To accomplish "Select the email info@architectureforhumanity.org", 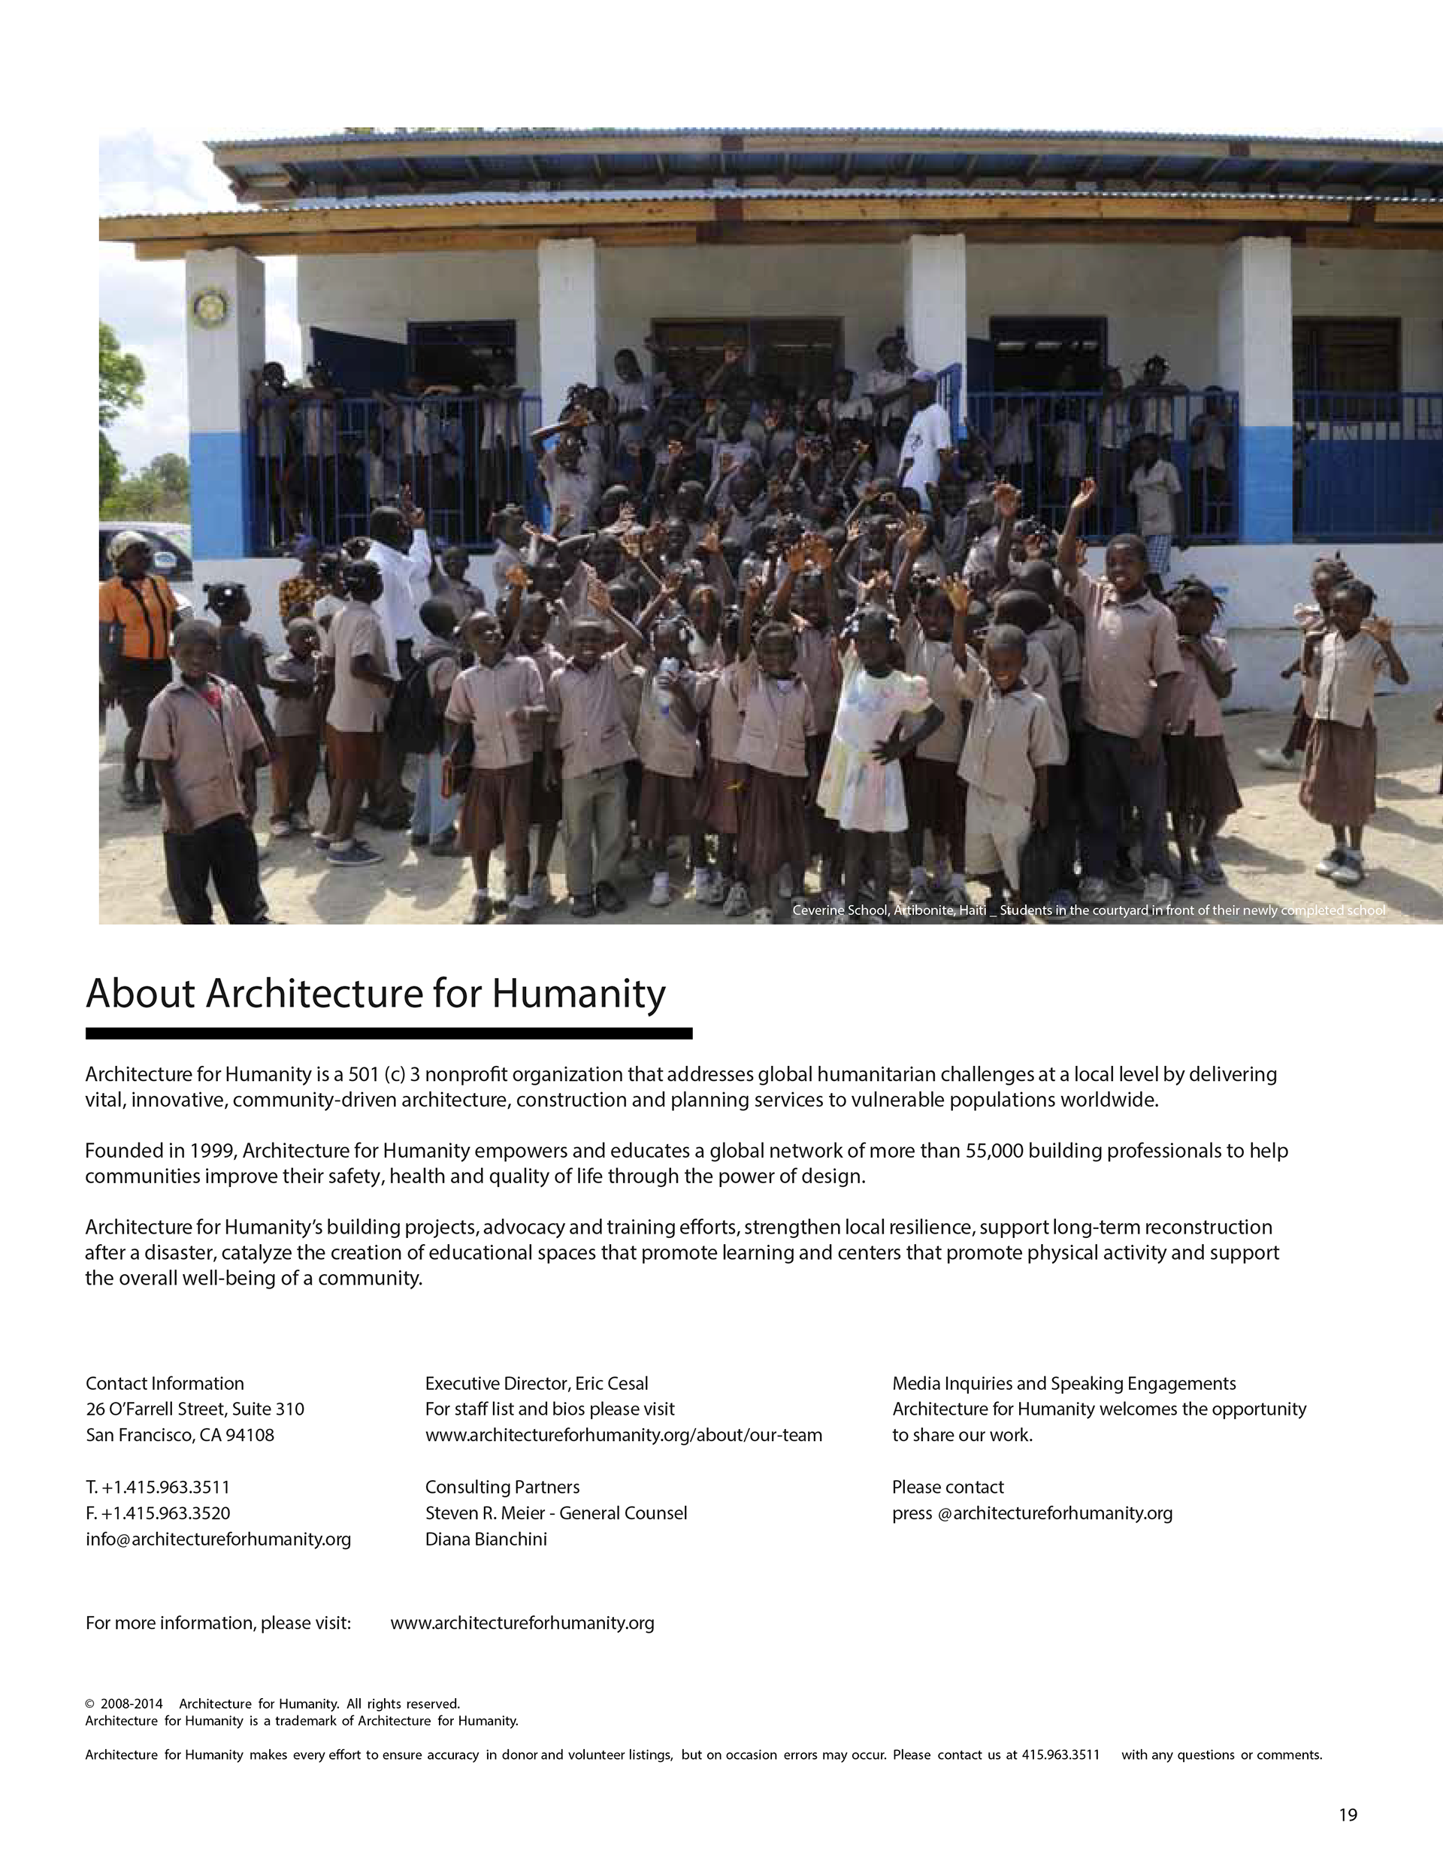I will [218, 1540].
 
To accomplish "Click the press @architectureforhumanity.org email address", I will [1032, 1513].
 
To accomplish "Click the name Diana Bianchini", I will [486, 1540].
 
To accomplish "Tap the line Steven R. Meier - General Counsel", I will [556, 1513].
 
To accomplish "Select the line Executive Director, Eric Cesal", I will [537, 1384].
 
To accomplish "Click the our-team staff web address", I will [624, 1435].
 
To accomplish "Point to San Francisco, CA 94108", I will [180, 1435].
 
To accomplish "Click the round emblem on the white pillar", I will [210, 306].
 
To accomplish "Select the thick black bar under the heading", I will [389, 1033].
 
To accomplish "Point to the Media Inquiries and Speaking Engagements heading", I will [1063, 1384].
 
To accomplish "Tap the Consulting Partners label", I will [502, 1488].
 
